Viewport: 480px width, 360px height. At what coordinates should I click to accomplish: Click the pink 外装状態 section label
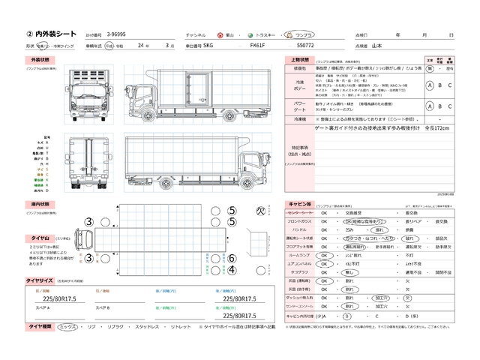click(x=40, y=58)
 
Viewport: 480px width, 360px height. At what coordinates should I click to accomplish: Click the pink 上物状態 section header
click(x=298, y=58)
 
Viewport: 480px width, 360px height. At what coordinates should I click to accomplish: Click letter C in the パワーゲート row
click(x=451, y=105)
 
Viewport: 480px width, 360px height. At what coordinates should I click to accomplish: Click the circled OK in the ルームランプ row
click(x=324, y=255)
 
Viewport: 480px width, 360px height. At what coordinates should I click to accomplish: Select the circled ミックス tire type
click(x=67, y=327)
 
